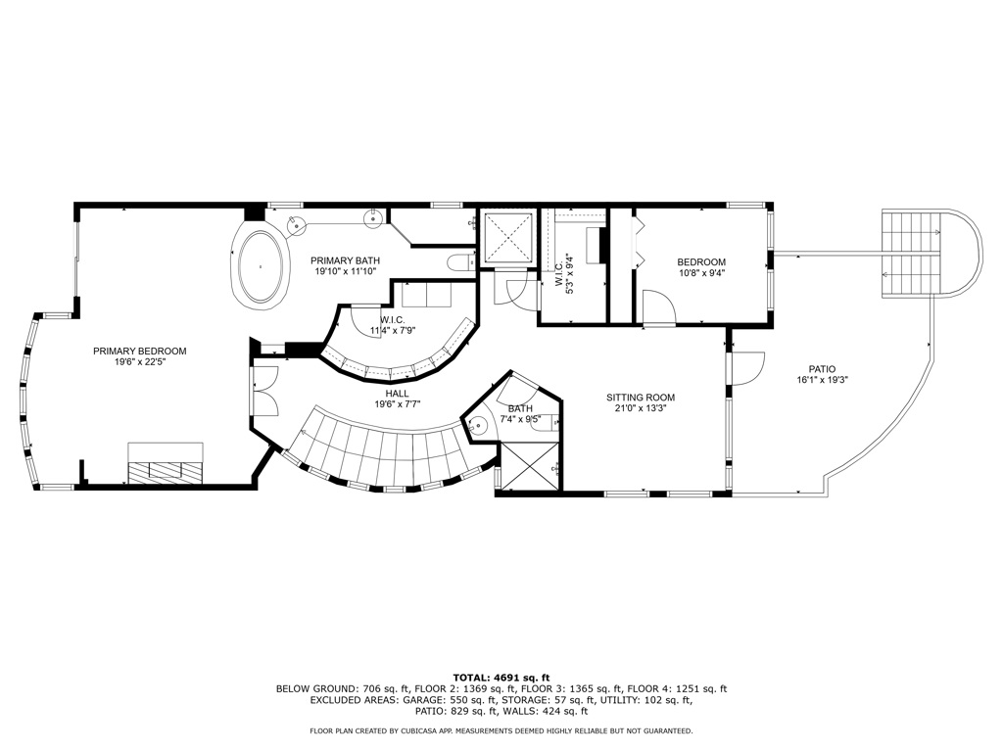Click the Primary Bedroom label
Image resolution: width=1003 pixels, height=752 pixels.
pos(139,352)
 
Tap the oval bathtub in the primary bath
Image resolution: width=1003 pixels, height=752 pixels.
pos(261,265)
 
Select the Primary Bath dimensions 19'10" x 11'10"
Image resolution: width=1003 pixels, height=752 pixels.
pos(346,271)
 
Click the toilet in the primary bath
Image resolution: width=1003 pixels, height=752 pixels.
pos(458,262)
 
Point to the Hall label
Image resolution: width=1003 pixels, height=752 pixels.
pos(398,394)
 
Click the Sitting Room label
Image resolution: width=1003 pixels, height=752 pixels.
pos(641,398)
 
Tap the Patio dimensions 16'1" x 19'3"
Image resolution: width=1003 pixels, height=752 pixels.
pos(822,379)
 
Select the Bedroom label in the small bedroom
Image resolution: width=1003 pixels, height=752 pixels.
pos(701,261)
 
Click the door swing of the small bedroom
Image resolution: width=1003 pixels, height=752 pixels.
pos(659,307)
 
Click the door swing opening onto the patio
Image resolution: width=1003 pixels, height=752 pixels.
pos(747,368)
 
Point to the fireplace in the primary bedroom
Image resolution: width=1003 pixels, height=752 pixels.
pos(166,463)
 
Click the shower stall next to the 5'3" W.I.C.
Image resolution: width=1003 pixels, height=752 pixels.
pos(508,237)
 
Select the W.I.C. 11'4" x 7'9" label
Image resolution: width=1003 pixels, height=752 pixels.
pos(393,325)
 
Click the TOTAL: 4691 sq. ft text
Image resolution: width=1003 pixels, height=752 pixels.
pos(501,678)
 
